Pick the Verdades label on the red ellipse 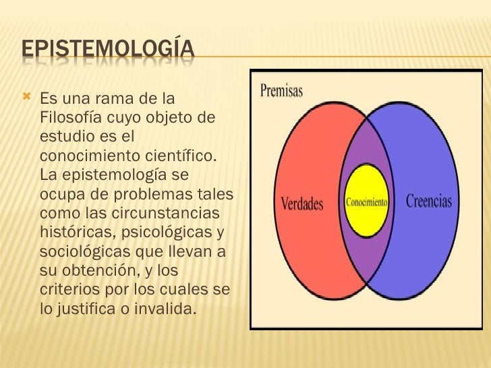pyautogui.click(x=301, y=203)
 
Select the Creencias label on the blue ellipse pyautogui.click(x=428, y=202)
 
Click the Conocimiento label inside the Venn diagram pyautogui.click(x=367, y=202)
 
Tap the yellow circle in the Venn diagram pyautogui.click(x=367, y=179)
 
